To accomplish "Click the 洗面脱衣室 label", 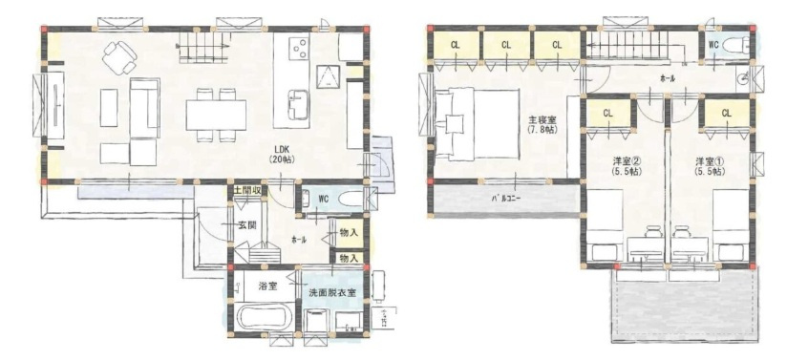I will pos(331,292).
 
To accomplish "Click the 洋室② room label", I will pos(626,165).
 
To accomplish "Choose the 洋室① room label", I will pos(708,165).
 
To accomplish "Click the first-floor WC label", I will pos(323,200).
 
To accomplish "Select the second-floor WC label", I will pos(713,44).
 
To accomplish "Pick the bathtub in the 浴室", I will pos(264,318).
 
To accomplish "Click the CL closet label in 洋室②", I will pos(608,114).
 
